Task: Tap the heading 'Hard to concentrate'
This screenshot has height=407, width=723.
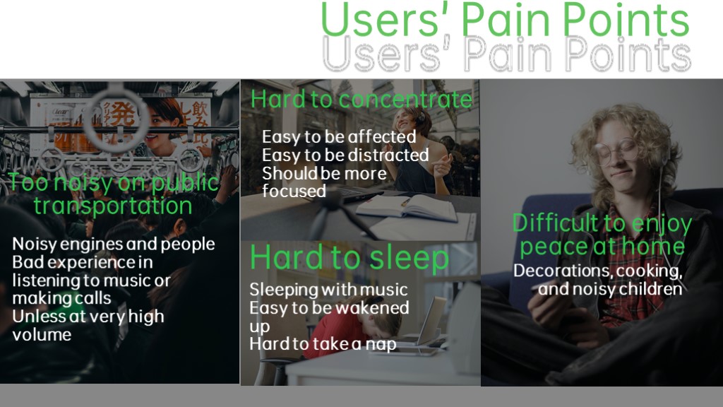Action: coord(361,99)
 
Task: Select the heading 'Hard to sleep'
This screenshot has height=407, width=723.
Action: coord(349,257)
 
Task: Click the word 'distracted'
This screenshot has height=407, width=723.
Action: coord(390,155)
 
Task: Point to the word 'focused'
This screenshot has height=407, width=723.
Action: coord(294,191)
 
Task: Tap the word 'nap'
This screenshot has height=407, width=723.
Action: coord(381,345)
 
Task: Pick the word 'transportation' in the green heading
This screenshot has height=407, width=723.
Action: coord(113,206)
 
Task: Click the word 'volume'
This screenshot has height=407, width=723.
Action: coord(42,334)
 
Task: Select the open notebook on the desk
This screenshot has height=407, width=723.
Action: coord(407,207)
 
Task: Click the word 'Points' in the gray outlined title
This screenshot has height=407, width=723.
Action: coord(628,55)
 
